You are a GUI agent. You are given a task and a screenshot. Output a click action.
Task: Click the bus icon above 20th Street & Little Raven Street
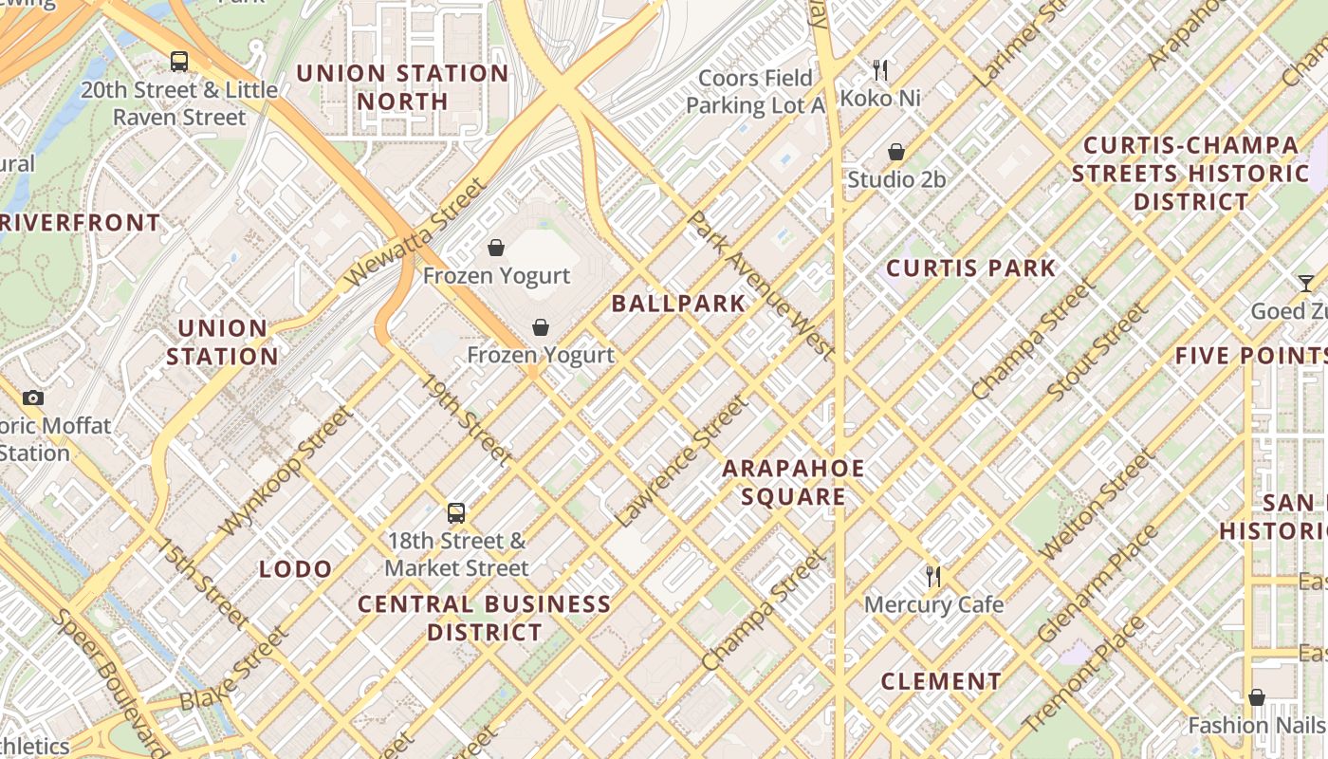(179, 62)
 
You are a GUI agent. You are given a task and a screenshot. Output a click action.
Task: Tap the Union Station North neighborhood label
(403, 87)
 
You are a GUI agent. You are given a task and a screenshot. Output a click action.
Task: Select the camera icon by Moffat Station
(33, 398)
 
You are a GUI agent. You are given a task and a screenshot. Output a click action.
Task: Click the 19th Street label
(467, 419)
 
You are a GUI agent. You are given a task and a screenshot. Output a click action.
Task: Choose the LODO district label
(296, 569)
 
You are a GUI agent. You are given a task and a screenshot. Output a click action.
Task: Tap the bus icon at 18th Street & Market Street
(456, 513)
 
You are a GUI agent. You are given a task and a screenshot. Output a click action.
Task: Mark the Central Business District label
(485, 618)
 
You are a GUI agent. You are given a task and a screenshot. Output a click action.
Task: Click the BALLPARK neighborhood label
(678, 304)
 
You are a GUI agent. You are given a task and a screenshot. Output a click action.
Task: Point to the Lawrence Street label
(680, 461)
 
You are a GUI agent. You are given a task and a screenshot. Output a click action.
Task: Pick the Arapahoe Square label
(794, 482)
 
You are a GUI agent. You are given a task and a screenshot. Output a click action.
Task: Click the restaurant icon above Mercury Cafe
(933, 576)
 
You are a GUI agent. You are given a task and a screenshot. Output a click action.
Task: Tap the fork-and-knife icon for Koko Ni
(880, 69)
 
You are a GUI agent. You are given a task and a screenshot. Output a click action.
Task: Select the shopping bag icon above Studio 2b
(895, 152)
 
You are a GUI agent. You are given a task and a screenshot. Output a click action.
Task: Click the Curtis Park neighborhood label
(971, 268)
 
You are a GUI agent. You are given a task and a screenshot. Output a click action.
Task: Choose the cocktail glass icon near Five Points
(1306, 284)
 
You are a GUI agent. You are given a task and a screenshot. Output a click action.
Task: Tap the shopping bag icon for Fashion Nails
(1257, 697)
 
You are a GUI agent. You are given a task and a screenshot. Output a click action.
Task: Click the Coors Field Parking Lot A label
(756, 91)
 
